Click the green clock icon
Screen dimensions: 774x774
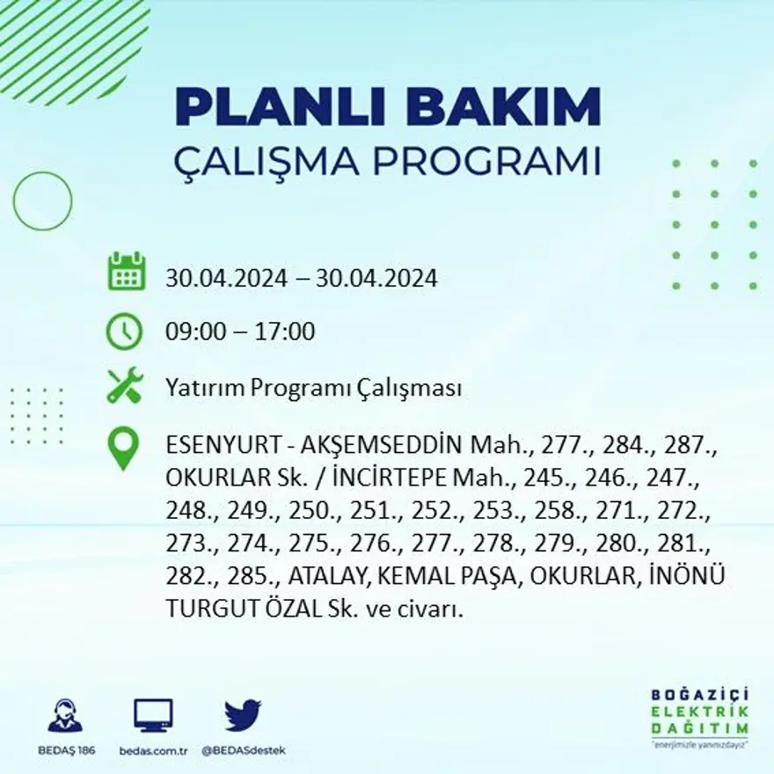coord(124,332)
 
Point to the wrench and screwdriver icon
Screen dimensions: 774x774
coord(124,386)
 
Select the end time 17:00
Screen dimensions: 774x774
coord(286,332)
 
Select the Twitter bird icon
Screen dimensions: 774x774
coord(242,714)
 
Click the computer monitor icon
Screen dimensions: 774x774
coord(153,715)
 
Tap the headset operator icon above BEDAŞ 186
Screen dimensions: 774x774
coord(65,715)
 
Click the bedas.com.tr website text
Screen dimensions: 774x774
coord(154,750)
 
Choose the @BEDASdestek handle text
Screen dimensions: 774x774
coord(243,750)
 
